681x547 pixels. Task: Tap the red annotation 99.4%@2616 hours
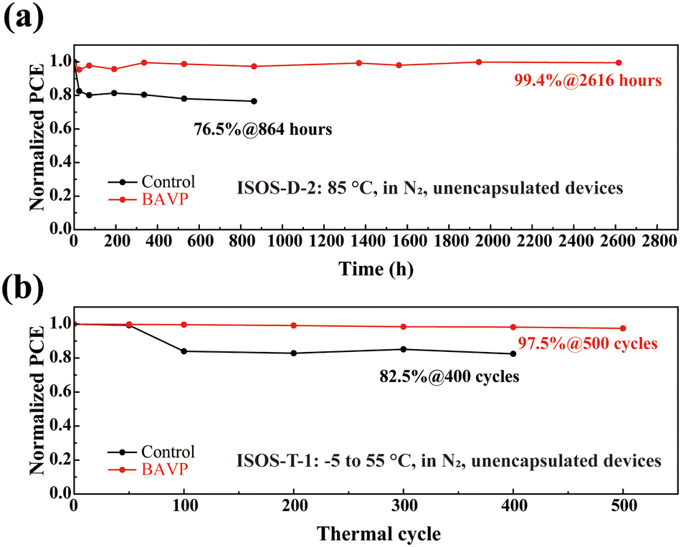pyautogui.click(x=587, y=81)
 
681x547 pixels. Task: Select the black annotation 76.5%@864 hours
pyautogui.click(x=263, y=130)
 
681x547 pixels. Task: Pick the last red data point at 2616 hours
pyautogui.click(x=619, y=63)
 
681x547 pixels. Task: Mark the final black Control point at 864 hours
pyautogui.click(x=254, y=101)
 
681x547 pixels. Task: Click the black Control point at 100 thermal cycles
pyautogui.click(x=184, y=351)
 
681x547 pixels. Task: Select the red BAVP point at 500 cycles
pyautogui.click(x=623, y=328)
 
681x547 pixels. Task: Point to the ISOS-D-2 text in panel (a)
pyautogui.click(x=268, y=189)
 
